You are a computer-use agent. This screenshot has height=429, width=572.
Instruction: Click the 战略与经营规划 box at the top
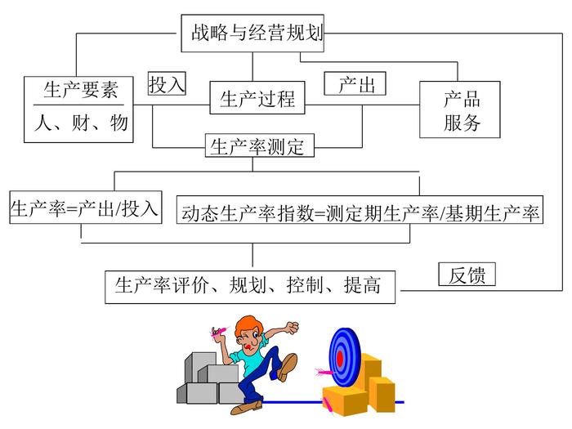[252, 34]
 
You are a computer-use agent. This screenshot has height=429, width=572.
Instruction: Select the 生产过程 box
[257, 100]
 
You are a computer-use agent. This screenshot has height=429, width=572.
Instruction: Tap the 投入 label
[168, 84]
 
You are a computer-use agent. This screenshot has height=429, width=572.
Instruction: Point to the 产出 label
[355, 84]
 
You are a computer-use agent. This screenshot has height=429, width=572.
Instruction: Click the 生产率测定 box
[257, 147]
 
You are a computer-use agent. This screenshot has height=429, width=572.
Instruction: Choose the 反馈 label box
[467, 275]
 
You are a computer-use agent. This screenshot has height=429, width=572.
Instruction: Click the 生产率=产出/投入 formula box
[84, 208]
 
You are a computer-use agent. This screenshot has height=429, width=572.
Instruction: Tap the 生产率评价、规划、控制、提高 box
[249, 286]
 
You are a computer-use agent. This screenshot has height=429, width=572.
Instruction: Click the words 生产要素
[80, 91]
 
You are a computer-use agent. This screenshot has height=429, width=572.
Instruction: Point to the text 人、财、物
[80, 123]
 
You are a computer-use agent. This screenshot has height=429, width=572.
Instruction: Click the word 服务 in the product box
[462, 124]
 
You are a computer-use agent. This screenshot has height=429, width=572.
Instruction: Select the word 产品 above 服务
[462, 100]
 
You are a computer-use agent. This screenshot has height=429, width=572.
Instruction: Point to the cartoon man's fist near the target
[290, 328]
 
